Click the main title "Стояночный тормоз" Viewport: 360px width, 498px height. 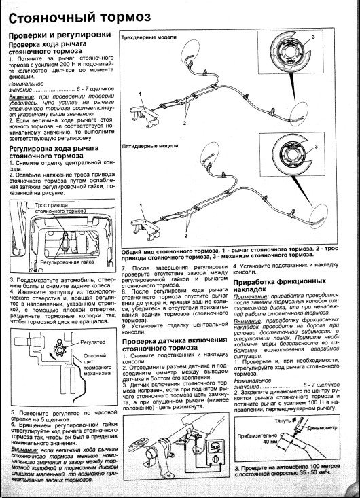(79, 17)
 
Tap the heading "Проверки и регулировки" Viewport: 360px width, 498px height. (60, 35)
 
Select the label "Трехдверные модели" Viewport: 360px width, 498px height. (149, 37)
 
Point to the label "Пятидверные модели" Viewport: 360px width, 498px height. (150, 146)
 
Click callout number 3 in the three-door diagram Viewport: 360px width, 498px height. (313, 37)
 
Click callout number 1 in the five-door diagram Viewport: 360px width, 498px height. (141, 205)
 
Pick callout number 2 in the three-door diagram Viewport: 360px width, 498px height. (184, 123)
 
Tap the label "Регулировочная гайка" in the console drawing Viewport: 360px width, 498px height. (67, 262)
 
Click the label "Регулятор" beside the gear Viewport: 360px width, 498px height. (92, 342)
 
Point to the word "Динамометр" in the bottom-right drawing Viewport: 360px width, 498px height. (322, 427)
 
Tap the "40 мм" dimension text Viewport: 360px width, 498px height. (270, 442)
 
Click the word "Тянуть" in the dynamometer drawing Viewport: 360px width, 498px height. (283, 421)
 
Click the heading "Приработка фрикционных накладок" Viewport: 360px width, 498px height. (279, 285)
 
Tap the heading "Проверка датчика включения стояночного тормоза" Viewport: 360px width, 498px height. (175, 344)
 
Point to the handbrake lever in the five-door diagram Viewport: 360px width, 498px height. (145, 224)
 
